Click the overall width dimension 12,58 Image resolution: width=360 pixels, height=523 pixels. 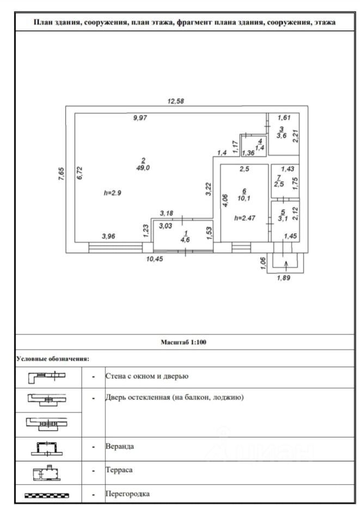pyautogui.click(x=176, y=100)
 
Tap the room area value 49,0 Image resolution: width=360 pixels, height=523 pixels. pyautogui.click(x=144, y=168)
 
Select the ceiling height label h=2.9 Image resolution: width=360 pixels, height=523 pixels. pyautogui.click(x=113, y=193)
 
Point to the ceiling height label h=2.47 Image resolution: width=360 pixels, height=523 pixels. pyautogui.click(x=245, y=218)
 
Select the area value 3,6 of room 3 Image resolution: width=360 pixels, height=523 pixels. pyautogui.click(x=281, y=136)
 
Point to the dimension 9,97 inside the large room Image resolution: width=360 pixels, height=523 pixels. pyautogui.click(x=140, y=118)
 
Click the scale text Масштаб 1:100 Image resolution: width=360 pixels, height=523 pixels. pyautogui.click(x=184, y=342)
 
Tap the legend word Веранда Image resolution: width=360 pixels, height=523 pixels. pyautogui.click(x=119, y=446)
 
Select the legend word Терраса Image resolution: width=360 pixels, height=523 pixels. pyautogui.click(x=119, y=469)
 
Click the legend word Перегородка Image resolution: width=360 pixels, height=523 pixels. pyautogui.click(x=127, y=494)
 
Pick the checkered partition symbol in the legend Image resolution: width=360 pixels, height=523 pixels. pyautogui.click(x=48, y=494)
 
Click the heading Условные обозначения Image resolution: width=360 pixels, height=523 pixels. pyautogui.click(x=52, y=358)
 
